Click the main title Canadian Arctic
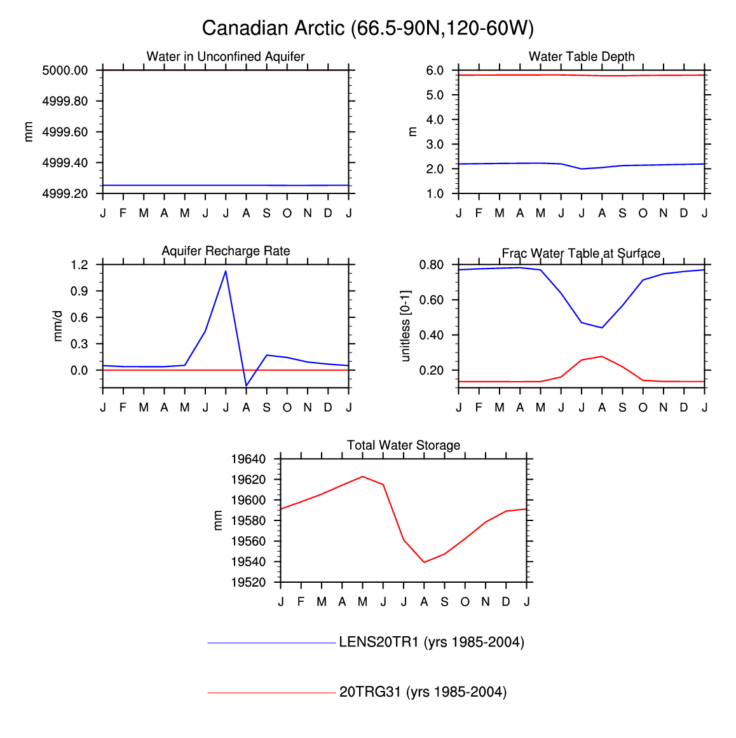coord(367,28)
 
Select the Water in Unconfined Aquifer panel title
coord(226,57)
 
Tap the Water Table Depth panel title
coord(582,57)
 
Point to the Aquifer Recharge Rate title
coord(226,251)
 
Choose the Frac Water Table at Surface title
coord(581,253)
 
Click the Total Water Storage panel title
coord(404,445)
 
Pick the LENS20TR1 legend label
coord(432,643)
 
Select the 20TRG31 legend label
coord(423,692)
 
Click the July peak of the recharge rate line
coord(226,272)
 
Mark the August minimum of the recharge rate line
coord(246,385)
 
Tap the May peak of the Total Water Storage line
coord(362,477)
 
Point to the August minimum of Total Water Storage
coord(424,562)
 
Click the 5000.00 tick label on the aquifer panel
coord(65,71)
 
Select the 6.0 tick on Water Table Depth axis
coord(435,71)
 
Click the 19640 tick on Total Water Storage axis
coord(248,459)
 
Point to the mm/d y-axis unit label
coord(58,326)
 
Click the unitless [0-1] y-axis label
coord(406,326)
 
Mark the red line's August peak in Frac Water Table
coord(602,356)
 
